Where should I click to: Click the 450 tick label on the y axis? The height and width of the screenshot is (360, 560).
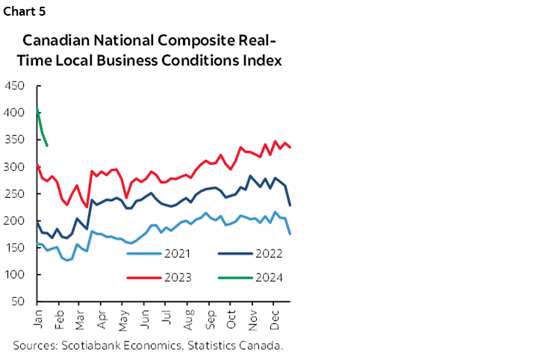click(15, 86)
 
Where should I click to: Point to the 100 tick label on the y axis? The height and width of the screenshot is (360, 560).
click(15, 275)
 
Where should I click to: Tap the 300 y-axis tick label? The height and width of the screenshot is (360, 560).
click(15, 167)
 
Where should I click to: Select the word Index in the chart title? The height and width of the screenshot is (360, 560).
click(263, 60)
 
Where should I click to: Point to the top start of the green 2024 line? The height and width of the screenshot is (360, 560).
click(38, 109)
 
